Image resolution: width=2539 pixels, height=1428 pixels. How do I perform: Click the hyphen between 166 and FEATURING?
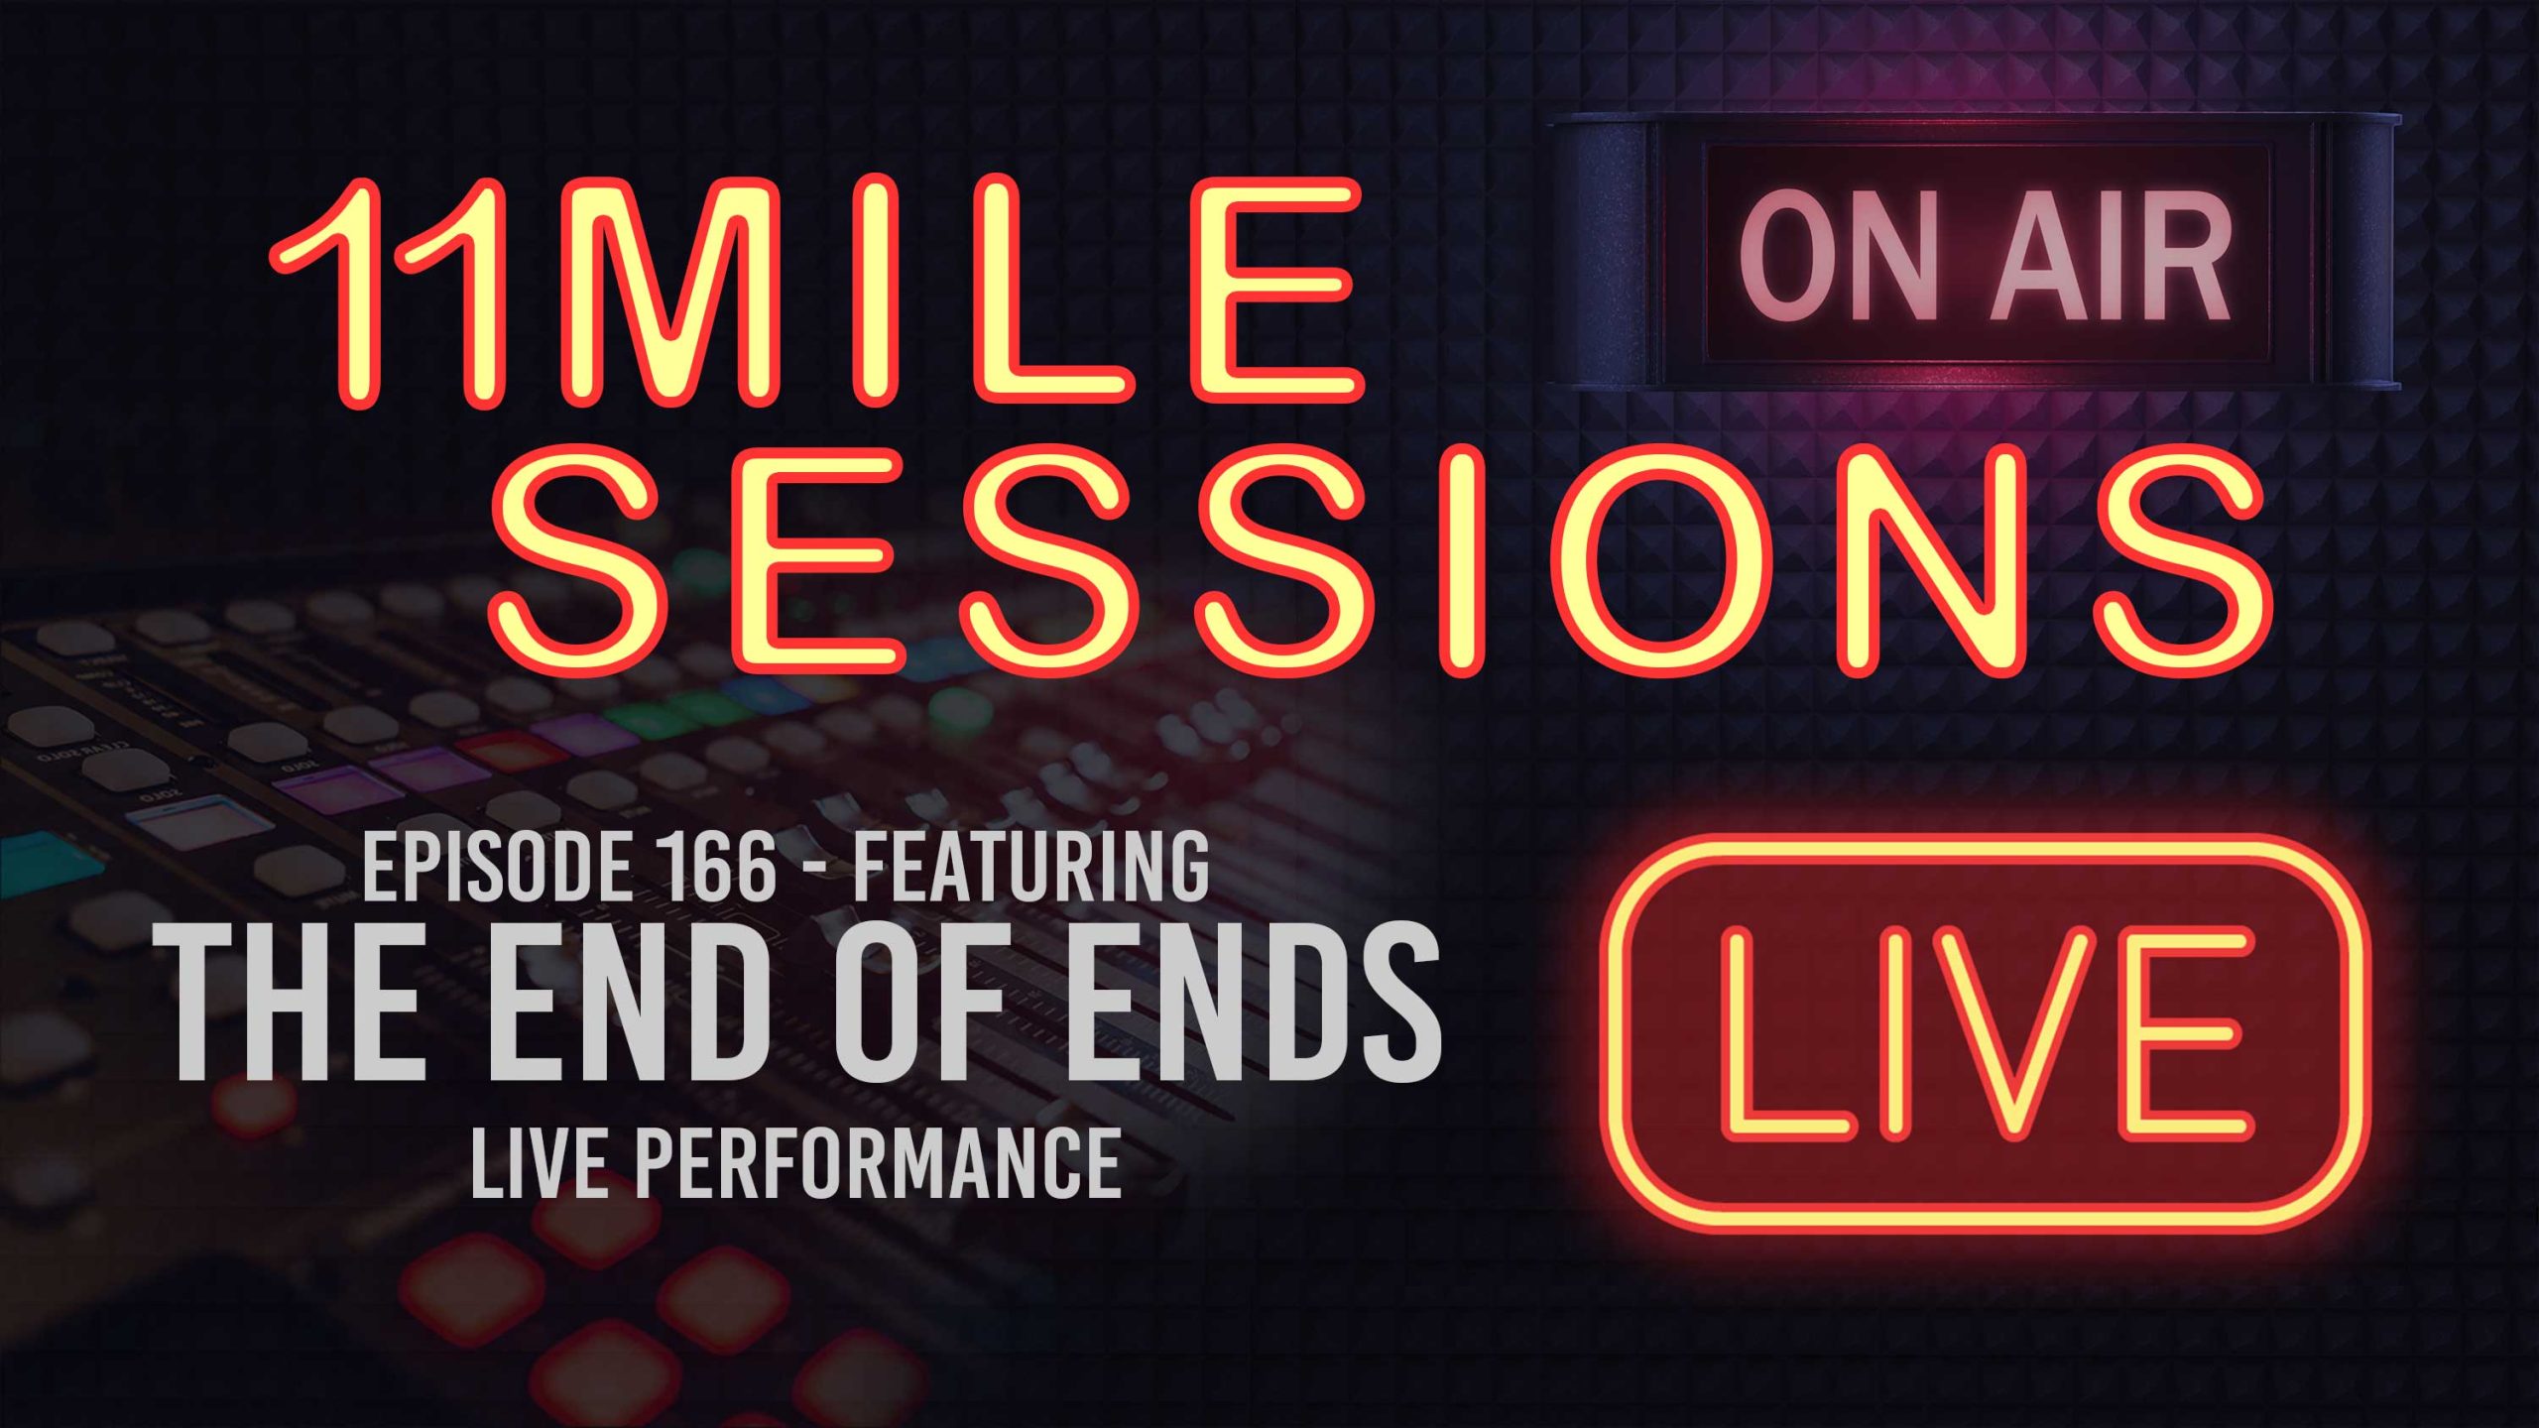click(815, 874)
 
